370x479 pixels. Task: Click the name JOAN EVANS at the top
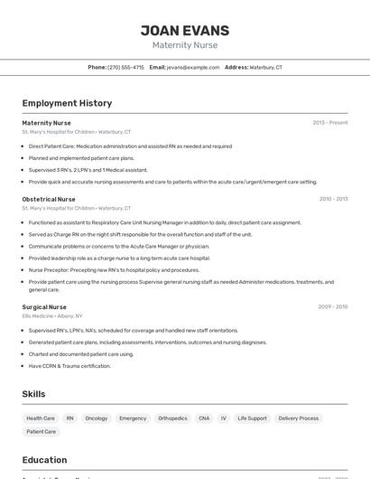click(x=185, y=31)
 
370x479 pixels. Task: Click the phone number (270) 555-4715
click(x=125, y=68)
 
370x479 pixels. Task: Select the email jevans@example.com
click(x=193, y=68)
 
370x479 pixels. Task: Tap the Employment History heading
click(x=67, y=103)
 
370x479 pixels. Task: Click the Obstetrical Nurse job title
click(x=49, y=199)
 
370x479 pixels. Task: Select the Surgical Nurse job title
click(x=44, y=307)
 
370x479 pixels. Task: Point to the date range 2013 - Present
click(x=329, y=123)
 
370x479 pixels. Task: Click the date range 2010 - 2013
click(x=333, y=199)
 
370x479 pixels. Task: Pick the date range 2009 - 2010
click(x=333, y=307)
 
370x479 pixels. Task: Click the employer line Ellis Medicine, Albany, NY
click(x=52, y=316)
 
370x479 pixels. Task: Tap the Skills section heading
click(x=34, y=394)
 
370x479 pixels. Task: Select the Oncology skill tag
click(x=97, y=418)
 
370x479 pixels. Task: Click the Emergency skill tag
click(x=133, y=418)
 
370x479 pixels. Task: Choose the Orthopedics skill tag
click(x=172, y=418)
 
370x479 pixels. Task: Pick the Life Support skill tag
click(x=253, y=418)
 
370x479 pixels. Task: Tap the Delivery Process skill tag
click(x=299, y=418)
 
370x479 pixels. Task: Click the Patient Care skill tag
click(x=42, y=432)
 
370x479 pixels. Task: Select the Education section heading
click(x=45, y=460)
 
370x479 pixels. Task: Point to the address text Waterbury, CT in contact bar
click(x=265, y=68)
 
